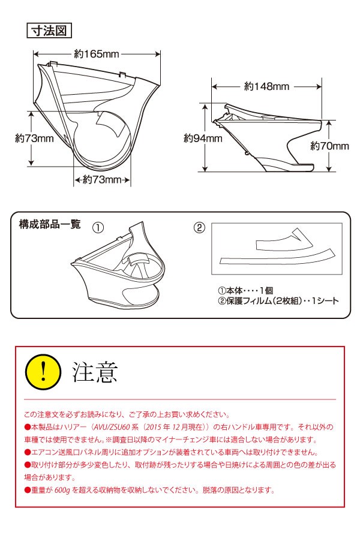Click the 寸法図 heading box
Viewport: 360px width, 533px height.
tap(49, 31)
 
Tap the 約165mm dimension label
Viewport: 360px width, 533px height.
tap(97, 54)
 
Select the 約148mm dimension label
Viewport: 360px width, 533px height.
tap(267, 87)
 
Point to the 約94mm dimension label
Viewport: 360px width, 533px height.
tap(203, 138)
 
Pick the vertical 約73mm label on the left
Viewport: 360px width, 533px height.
tap(34, 138)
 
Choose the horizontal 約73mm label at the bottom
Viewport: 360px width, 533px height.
tap(102, 179)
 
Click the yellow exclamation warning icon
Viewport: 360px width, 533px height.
tap(43, 372)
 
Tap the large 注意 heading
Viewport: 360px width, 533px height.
tap(95, 372)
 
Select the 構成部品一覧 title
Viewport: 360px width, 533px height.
tap(50, 224)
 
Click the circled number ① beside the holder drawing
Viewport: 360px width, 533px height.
tap(98, 227)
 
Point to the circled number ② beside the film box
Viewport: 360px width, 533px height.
tap(199, 227)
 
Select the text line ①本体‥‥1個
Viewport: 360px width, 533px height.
tap(245, 290)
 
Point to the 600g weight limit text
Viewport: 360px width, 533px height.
tap(62, 490)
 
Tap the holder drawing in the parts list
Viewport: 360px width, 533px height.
tap(118, 265)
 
